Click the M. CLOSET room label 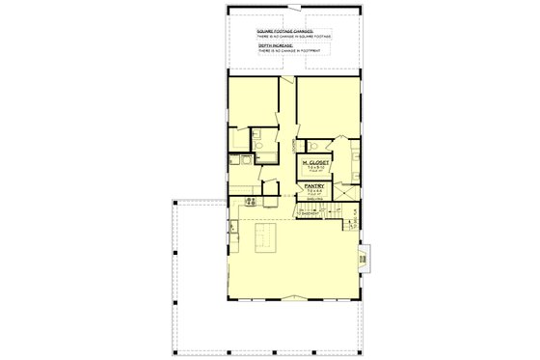tap(313, 163)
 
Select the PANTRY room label tap(313, 185)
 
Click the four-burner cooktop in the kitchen tap(251, 202)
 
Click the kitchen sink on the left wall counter tap(233, 228)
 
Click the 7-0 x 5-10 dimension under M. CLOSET tap(313, 169)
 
